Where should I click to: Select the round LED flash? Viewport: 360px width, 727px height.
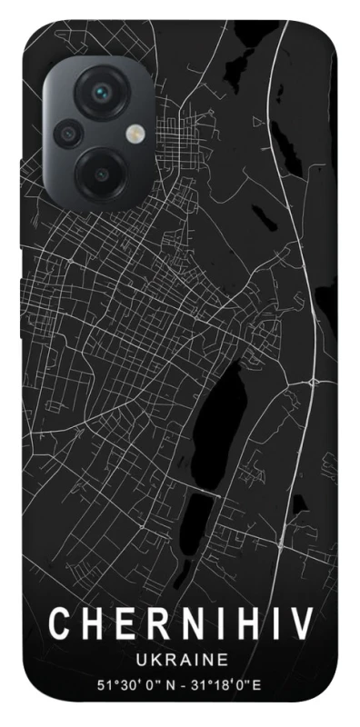coord(135,134)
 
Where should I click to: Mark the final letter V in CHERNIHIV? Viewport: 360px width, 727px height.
coord(300,624)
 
